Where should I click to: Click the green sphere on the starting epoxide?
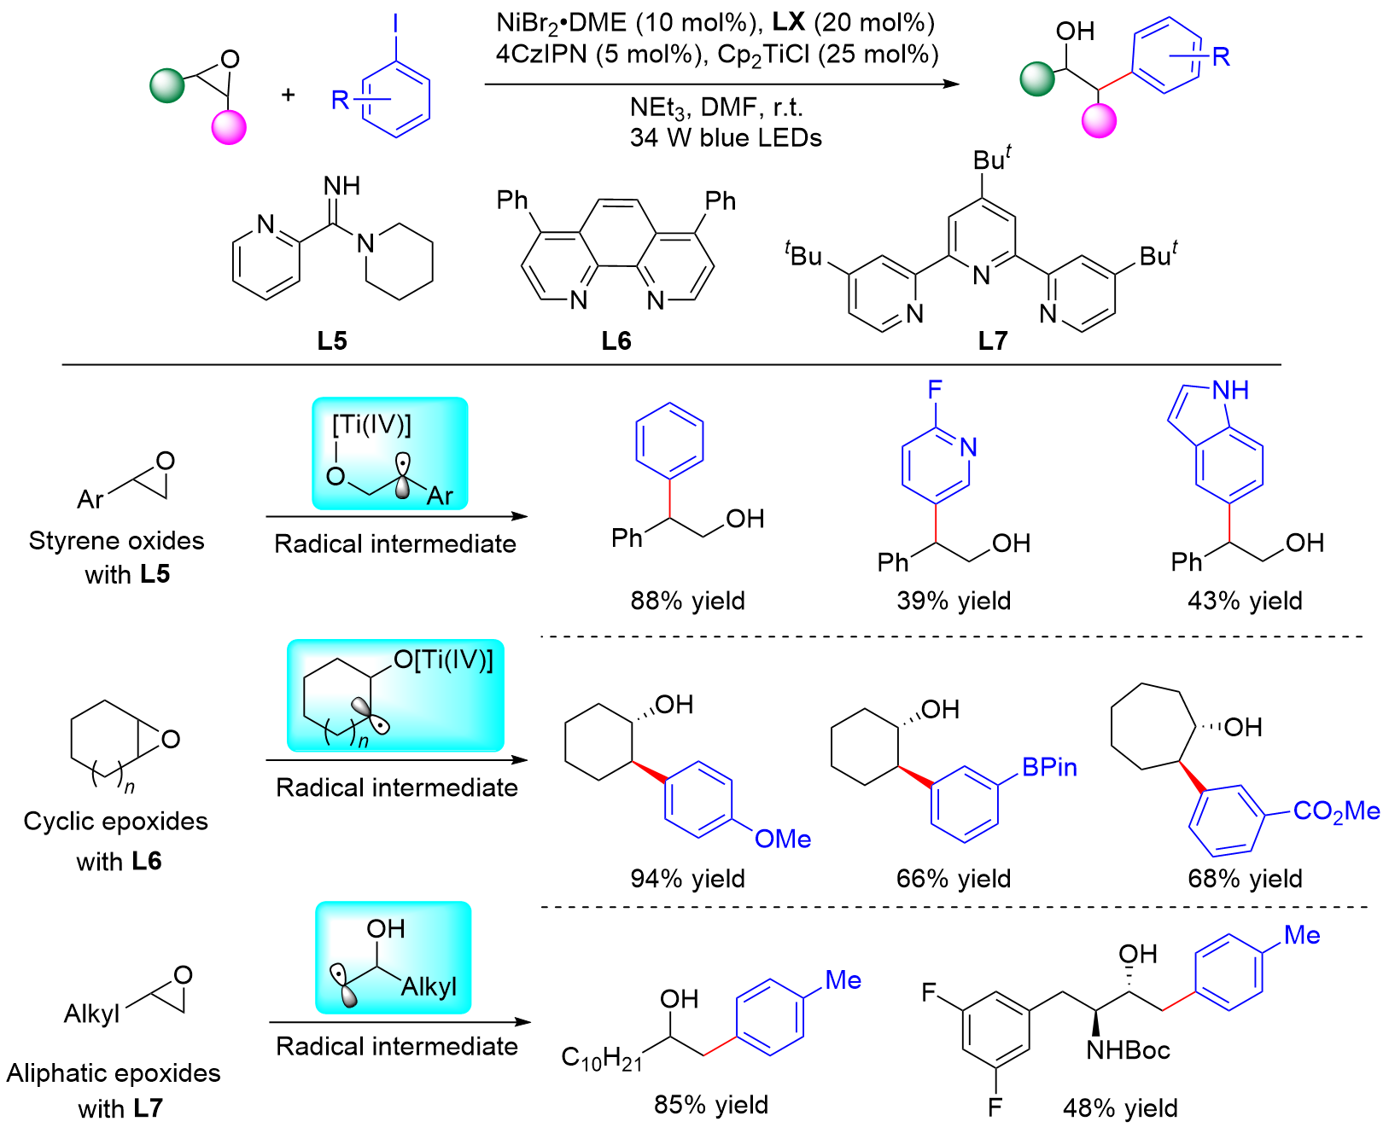tap(166, 85)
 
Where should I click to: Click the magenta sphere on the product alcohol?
tap(1099, 120)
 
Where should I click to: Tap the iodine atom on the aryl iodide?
tap(394, 24)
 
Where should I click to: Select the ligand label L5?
tap(332, 341)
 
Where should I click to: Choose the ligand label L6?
tap(616, 341)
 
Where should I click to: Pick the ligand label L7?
tap(992, 341)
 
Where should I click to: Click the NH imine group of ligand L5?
tap(341, 185)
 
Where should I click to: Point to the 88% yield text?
tap(687, 601)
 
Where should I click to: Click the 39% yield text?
tap(954, 601)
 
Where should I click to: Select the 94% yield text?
tap(687, 878)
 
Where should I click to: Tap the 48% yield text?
tap(1120, 1108)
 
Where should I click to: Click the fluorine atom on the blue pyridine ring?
tap(935, 390)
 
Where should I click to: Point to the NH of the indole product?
tap(1230, 390)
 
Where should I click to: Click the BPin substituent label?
tap(1049, 767)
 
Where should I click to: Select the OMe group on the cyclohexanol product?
tap(783, 839)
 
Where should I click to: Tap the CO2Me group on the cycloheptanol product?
tap(1337, 811)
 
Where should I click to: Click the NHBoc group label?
tap(1128, 1050)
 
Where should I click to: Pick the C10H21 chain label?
tap(601, 1059)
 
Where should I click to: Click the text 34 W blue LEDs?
tap(726, 137)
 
